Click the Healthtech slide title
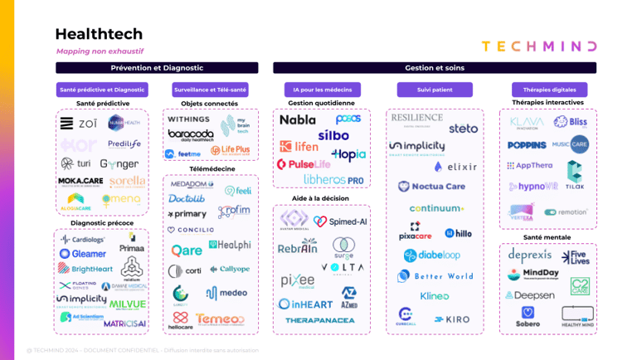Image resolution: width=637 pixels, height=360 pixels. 99,34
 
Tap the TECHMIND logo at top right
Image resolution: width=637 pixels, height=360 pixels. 538,46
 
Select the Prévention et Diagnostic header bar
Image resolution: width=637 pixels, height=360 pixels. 157,68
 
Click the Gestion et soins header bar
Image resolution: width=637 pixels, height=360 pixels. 435,68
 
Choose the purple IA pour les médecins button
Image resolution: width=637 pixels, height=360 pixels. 322,90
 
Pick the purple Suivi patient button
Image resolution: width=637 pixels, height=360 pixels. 435,90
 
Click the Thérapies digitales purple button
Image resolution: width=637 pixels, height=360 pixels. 549,90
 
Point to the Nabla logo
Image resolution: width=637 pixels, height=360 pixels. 298,120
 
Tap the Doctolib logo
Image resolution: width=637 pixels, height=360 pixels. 187,199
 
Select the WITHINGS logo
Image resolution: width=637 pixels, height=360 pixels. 189,119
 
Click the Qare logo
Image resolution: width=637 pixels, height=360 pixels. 187,250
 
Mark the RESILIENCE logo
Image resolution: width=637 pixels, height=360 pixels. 416,119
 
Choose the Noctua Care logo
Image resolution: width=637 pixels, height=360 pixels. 432,187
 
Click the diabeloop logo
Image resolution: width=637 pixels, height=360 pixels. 432,255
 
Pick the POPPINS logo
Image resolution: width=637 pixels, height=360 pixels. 527,145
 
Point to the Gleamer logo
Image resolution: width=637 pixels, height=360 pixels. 83,254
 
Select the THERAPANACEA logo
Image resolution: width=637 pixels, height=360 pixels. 319,320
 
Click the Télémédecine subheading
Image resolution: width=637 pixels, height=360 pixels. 212,169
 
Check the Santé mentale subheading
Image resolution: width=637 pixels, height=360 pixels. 547,237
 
